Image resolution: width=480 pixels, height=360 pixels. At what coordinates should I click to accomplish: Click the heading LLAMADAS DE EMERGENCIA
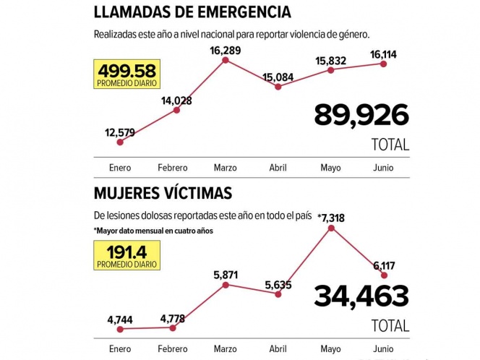[193, 12]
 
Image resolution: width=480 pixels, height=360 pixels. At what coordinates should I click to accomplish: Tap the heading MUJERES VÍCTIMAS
[163, 193]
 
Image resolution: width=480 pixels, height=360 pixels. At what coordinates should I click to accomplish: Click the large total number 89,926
[361, 116]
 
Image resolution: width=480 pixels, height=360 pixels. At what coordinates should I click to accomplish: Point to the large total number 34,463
[361, 296]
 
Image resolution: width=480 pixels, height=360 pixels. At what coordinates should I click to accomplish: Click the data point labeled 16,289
[226, 60]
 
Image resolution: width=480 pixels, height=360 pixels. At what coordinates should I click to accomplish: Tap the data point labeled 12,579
[120, 142]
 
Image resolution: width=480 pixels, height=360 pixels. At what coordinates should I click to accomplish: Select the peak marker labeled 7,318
[331, 228]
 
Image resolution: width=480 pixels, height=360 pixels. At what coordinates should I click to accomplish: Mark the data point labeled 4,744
[120, 329]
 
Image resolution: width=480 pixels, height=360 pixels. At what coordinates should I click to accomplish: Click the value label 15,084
[278, 76]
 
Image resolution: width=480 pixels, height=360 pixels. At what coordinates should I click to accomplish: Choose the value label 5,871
[225, 275]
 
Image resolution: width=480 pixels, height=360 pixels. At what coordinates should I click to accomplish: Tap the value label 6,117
[384, 265]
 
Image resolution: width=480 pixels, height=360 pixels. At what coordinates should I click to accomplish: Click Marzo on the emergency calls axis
[226, 168]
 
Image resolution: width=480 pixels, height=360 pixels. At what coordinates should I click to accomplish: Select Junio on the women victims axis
[383, 349]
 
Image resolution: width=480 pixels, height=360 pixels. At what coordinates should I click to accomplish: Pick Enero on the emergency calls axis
[120, 168]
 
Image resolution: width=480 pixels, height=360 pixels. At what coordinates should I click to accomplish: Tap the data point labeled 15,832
[331, 70]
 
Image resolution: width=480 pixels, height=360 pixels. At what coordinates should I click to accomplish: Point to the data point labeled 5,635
[278, 293]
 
